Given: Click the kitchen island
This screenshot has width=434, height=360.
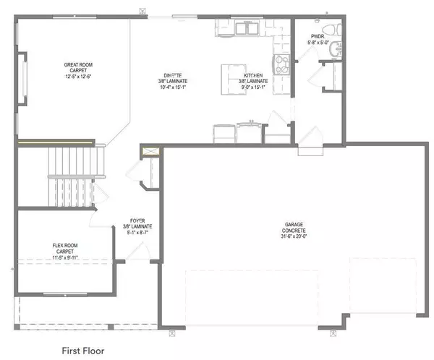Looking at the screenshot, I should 233,74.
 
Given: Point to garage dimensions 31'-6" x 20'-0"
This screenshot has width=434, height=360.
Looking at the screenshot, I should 294,239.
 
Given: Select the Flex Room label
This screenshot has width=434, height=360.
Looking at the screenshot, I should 65,246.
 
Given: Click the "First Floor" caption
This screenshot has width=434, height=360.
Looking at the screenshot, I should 82,330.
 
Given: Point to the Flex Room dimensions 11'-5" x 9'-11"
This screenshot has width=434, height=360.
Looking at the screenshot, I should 65,258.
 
